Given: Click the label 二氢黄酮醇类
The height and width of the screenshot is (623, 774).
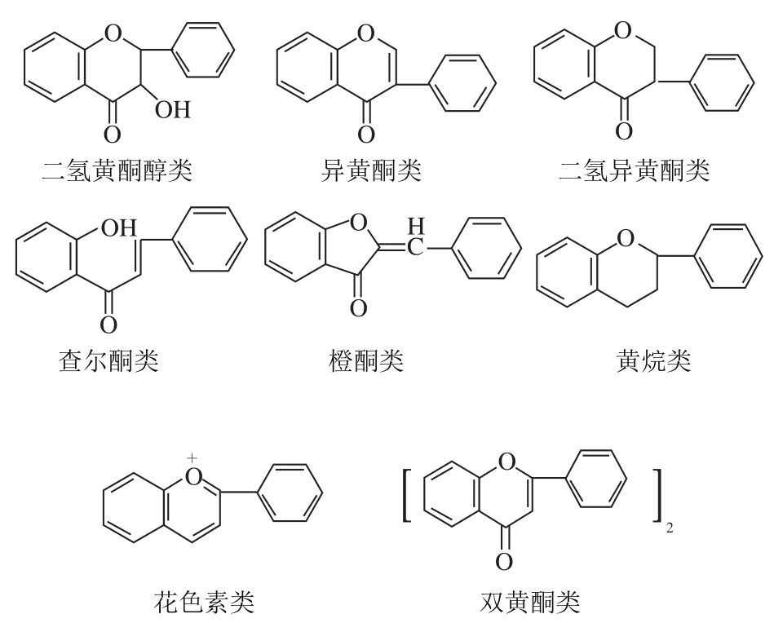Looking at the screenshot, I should click(117, 170).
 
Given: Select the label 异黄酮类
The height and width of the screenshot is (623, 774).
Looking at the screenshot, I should click(371, 170).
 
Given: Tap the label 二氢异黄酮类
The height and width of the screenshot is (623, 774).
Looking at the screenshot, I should click(635, 170).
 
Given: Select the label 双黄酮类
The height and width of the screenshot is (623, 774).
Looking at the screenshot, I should click(531, 603).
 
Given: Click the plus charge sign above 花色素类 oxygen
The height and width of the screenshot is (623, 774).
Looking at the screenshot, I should click(192, 458).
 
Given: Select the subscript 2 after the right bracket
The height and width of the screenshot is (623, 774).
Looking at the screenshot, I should click(670, 531).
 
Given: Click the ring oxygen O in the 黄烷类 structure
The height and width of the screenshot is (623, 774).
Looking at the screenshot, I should click(626, 239).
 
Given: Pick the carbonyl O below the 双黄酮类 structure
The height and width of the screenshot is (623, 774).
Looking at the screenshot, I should click(504, 561).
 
